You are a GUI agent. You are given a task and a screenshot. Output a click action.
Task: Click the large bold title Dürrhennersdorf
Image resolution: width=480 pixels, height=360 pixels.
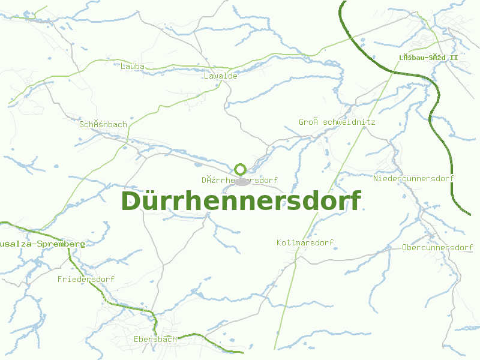point(241,201)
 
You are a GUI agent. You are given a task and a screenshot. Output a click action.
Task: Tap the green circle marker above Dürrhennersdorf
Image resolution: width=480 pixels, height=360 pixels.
point(241,169)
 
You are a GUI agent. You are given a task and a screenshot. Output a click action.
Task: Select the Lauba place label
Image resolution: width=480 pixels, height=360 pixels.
point(133,66)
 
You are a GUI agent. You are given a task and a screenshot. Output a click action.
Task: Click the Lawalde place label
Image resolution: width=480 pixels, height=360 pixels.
point(221,76)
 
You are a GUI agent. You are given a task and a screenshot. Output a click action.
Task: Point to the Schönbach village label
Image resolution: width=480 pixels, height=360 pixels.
point(103,124)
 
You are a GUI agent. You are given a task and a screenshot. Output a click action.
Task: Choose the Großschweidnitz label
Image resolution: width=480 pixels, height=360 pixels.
point(337,122)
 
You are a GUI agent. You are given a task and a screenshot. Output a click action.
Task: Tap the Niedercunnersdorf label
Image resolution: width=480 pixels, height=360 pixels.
point(413,178)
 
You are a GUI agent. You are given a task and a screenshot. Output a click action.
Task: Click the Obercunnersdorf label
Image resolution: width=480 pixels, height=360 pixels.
point(438,247)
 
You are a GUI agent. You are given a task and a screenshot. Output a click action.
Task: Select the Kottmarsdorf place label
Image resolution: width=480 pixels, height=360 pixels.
point(305,242)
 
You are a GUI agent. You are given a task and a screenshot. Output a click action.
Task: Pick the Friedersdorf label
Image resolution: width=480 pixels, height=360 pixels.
point(86,279)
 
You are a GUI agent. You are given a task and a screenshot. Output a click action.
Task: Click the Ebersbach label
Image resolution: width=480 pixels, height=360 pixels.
point(155,339)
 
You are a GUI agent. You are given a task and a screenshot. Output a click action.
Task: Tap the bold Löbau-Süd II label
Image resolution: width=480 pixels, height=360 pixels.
point(428,58)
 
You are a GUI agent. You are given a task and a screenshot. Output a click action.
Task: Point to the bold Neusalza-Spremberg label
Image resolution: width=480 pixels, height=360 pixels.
point(43,244)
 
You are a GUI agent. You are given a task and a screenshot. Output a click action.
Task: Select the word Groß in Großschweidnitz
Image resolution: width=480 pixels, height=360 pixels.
point(308,122)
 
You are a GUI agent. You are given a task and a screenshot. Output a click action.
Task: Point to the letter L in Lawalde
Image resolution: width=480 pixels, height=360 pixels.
point(206,76)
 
